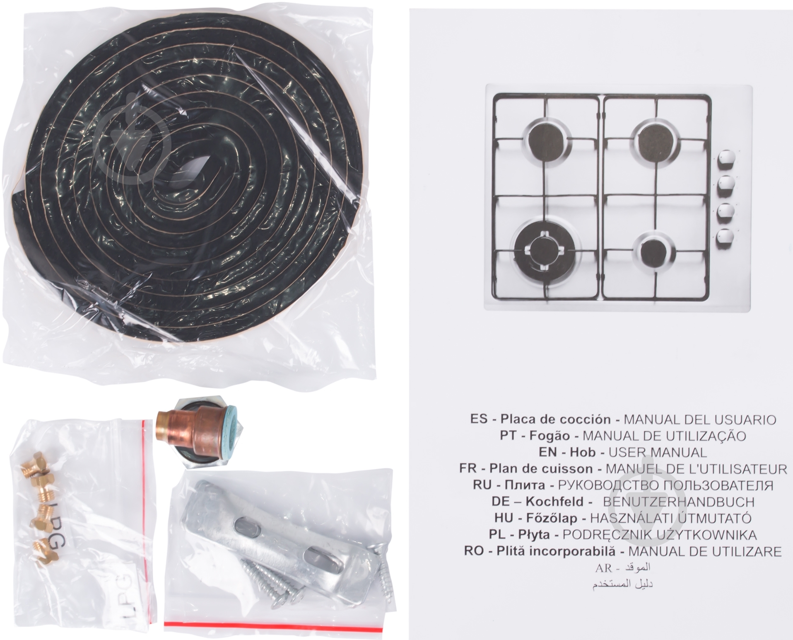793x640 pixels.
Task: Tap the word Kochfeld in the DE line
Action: tap(554, 502)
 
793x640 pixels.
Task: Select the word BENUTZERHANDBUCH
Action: tap(678, 502)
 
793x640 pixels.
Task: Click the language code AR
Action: tap(603, 568)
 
